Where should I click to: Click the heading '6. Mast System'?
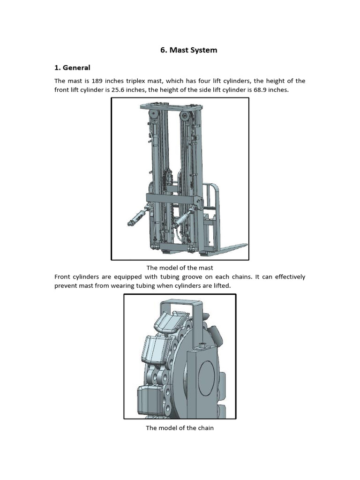tap(188, 50)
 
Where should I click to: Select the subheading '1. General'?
tap(72, 67)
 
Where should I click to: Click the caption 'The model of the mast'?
tap(180, 268)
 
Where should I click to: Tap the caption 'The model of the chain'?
tap(180, 427)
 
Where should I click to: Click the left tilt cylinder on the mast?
tap(136, 217)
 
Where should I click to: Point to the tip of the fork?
tap(244, 245)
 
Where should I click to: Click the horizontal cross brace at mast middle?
tap(171, 198)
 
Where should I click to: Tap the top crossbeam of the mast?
tap(171, 108)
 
